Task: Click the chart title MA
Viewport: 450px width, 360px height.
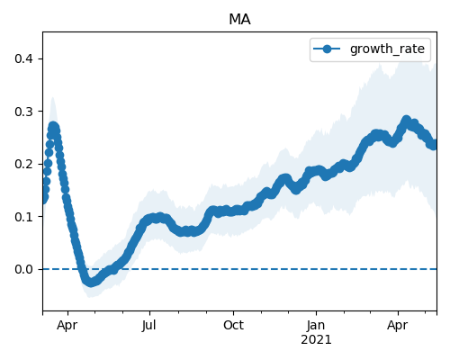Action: (239, 20)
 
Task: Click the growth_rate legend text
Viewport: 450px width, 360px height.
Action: (387, 49)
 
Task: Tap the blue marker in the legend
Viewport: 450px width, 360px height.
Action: (327, 49)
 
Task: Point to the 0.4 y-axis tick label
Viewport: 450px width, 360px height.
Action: (23, 58)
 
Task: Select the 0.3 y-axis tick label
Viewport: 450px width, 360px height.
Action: (23, 112)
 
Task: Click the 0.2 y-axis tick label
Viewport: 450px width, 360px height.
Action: (23, 164)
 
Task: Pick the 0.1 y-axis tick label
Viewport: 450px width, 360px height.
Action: (23, 217)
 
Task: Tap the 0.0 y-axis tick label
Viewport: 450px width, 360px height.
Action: (23, 269)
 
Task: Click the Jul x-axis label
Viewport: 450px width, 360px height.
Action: (149, 325)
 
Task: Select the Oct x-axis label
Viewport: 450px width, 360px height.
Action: (233, 325)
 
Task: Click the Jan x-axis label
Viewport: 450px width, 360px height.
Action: (316, 325)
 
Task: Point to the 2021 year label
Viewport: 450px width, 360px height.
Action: (316, 340)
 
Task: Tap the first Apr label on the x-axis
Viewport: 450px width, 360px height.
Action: (67, 326)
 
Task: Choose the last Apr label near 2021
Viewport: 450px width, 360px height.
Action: (398, 326)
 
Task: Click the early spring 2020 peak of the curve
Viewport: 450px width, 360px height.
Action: (53, 127)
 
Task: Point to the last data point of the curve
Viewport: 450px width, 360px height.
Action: (434, 145)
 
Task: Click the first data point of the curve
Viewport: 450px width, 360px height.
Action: (44, 199)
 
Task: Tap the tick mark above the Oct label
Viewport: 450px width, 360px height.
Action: (233, 313)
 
